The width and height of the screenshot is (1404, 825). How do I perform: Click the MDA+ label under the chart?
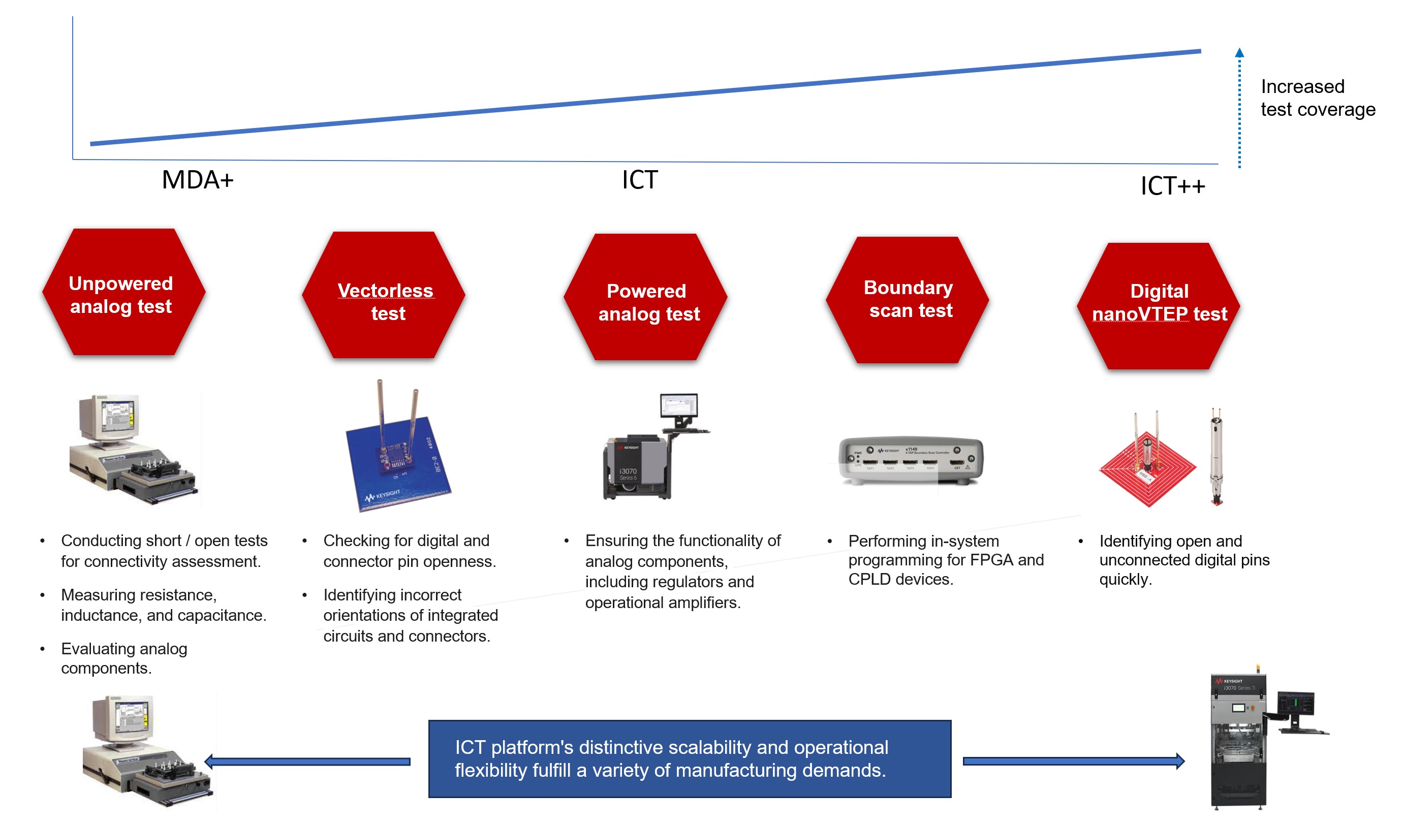(197, 180)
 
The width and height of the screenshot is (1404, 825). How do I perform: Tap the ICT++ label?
(1172, 186)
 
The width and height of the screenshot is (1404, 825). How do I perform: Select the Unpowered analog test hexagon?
(123, 293)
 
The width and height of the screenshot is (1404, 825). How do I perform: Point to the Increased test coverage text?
(1317, 98)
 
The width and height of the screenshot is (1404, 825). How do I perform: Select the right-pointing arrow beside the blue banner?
(1073, 761)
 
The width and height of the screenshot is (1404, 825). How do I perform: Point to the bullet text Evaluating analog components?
(123, 658)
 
